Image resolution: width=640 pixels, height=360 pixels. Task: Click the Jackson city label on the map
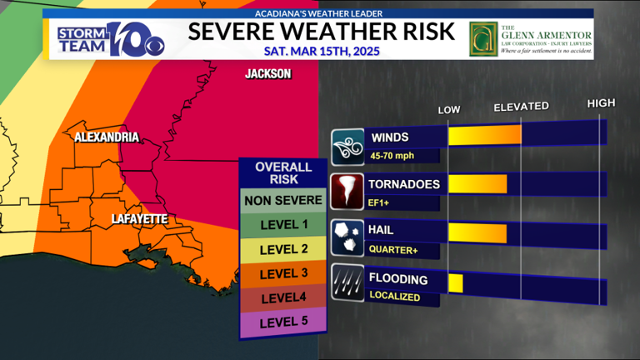267,74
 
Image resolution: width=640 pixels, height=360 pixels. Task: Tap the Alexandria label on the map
106,137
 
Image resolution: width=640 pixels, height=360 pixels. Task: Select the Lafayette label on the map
140,218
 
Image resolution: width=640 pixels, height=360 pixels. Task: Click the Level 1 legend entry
282,224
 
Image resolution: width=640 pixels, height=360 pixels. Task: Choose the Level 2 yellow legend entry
282,249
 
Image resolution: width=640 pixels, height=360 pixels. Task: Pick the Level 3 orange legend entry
282,273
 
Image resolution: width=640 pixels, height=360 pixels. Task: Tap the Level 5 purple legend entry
282,322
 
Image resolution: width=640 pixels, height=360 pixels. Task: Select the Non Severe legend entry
282,200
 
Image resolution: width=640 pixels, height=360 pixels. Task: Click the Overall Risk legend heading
282,172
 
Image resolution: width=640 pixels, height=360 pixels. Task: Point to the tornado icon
347,191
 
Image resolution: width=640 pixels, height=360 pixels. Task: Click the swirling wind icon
347,145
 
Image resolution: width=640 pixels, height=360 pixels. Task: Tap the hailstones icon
347,237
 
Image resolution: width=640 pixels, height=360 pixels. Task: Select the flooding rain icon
347,282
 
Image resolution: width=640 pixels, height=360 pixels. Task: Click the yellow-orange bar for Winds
484,135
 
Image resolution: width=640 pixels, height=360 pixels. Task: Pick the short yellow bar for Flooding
455,282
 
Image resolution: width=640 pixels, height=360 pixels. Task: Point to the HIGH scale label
601,103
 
